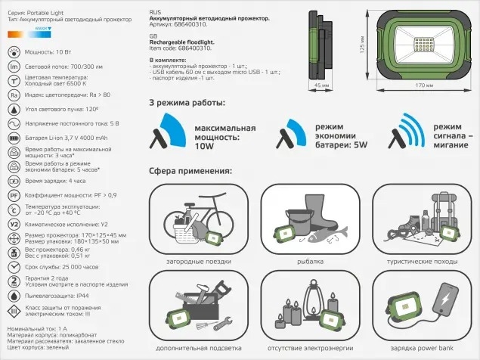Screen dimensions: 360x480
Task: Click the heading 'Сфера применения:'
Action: pyautogui.click(x=190, y=171)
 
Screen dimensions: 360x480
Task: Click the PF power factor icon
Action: pyautogui.click(x=13, y=195)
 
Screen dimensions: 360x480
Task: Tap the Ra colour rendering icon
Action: pyautogui.click(x=13, y=95)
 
